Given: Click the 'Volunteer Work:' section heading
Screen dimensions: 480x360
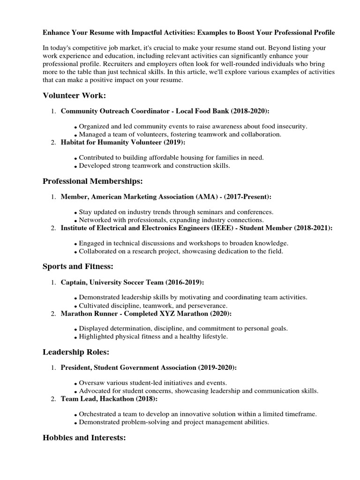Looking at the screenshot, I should point(75,96).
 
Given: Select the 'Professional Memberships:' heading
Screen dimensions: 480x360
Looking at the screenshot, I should point(93,181).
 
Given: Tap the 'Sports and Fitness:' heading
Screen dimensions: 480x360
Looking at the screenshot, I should point(78,266).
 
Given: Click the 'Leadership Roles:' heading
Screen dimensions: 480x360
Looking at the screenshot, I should point(76,352).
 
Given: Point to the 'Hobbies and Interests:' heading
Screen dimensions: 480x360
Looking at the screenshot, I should point(84,437).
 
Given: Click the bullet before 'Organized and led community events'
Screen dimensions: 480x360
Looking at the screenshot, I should point(75,127).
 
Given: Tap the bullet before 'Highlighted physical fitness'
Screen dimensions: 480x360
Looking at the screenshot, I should point(75,337).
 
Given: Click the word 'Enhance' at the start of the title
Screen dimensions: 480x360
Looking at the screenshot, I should point(56,33).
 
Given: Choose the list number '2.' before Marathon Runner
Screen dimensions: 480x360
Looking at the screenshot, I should point(53,314).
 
